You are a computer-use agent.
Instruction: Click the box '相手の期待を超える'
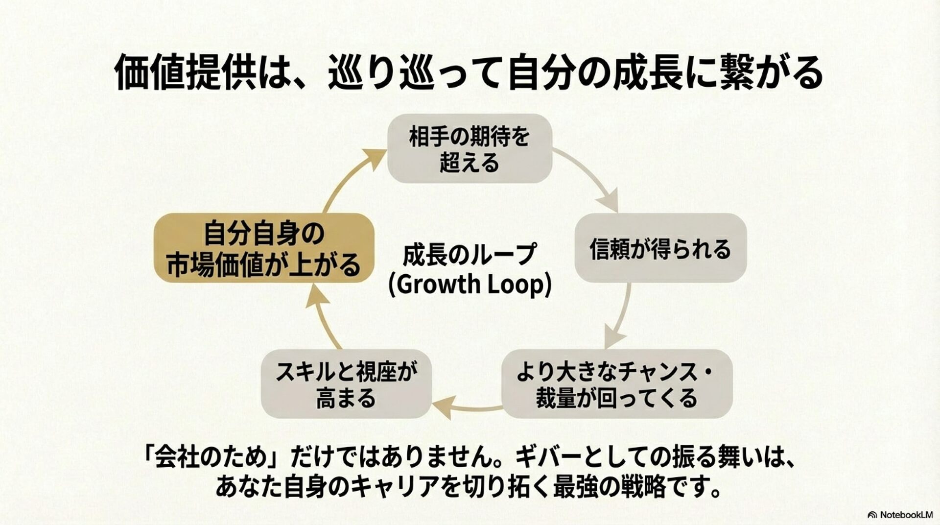point(470,149)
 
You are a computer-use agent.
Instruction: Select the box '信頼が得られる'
point(660,248)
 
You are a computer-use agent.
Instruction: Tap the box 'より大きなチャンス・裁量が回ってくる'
point(616,384)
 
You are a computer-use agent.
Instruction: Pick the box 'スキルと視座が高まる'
point(346,384)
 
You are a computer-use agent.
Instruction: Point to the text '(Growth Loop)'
point(470,284)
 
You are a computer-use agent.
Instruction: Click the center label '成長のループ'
point(469,255)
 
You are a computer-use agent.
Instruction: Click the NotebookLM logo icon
point(872,515)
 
